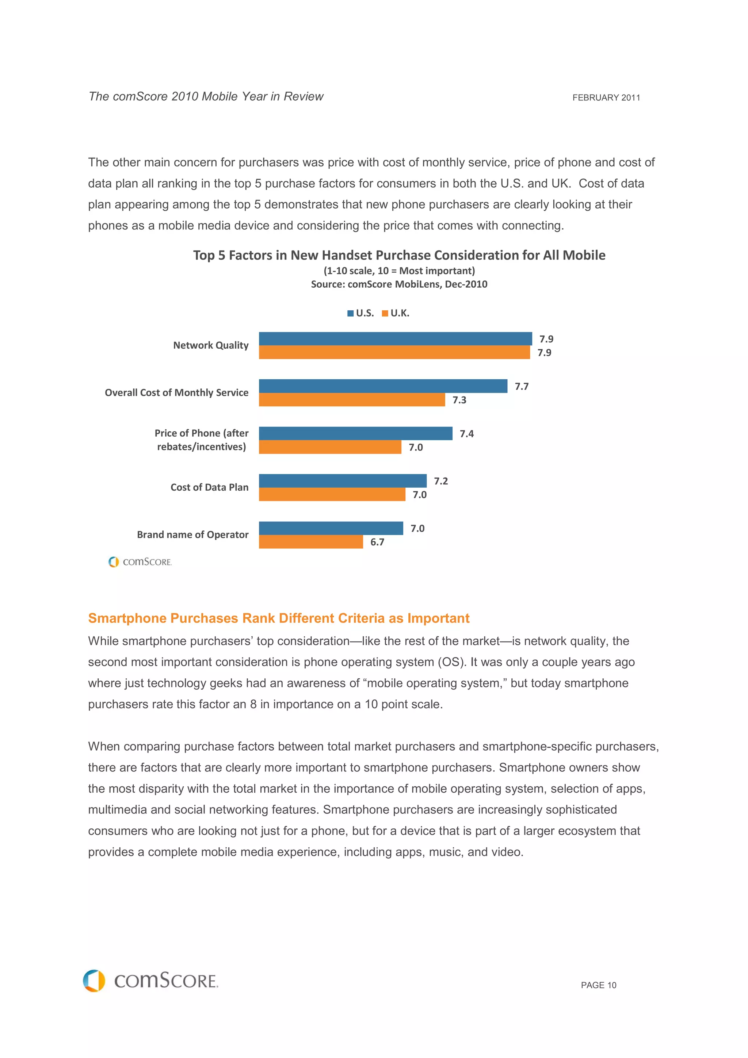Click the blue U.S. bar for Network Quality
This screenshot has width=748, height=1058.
pos(395,339)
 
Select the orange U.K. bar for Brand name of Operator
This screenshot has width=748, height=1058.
pos(310,542)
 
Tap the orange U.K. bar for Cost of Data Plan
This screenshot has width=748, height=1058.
pos(332,494)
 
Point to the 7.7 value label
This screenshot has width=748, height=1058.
pos(521,387)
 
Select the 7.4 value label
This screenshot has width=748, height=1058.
pos(466,434)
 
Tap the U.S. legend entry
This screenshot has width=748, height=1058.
pos(360,313)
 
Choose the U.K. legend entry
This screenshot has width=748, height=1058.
pos(396,313)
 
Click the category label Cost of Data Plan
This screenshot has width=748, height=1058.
pos(209,487)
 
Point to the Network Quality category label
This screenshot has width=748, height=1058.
pos(211,346)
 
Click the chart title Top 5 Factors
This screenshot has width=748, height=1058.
pos(399,255)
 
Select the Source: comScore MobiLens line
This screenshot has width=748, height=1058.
pos(399,284)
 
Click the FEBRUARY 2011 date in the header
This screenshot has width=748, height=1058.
pos(606,98)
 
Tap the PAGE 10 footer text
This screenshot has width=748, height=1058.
pos(598,985)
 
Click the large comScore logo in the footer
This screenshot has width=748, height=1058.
pos(151,981)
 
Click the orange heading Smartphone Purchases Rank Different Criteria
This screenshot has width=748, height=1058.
pos(278,618)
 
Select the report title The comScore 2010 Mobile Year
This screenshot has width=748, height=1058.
pos(206,97)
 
